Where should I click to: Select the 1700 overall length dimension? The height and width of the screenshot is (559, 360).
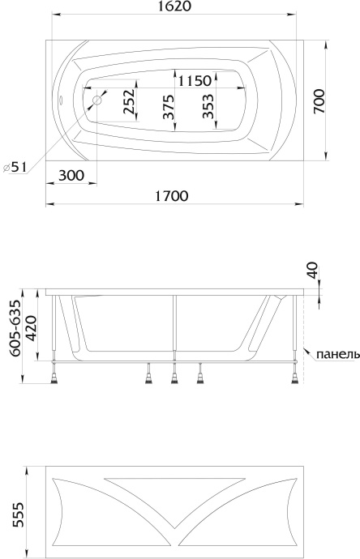[x=171, y=195]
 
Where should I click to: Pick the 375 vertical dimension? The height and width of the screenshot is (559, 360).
[x=168, y=106]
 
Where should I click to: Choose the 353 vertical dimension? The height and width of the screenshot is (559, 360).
[x=209, y=105]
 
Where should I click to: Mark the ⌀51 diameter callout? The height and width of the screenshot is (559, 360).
[x=16, y=167]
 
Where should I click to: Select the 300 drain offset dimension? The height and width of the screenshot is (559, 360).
[x=71, y=175]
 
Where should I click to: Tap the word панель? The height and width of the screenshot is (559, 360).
[x=334, y=354]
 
